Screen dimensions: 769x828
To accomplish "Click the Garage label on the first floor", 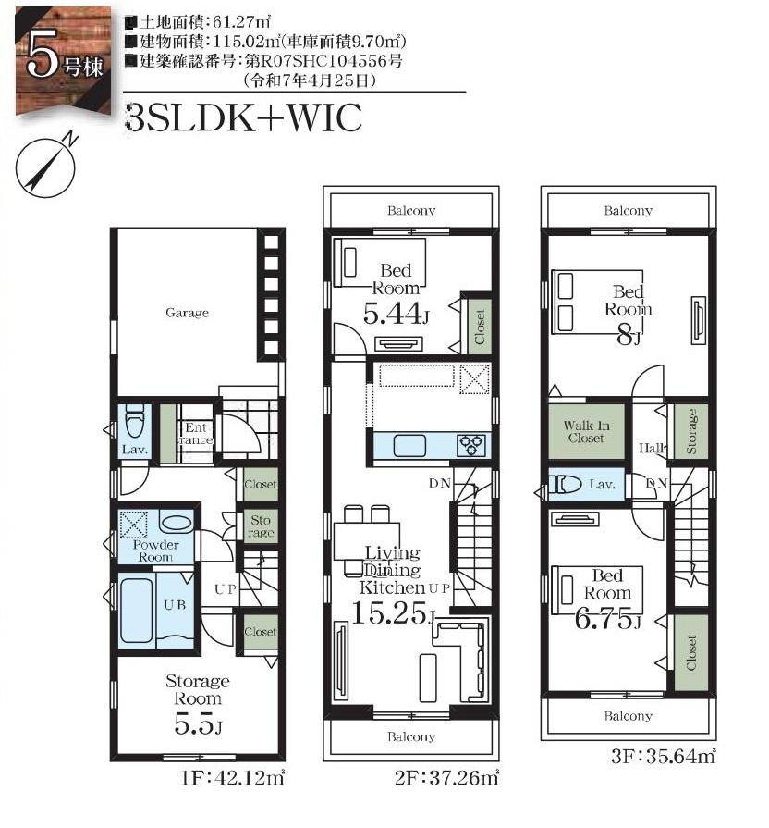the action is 187,313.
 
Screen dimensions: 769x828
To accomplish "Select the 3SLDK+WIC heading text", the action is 244,117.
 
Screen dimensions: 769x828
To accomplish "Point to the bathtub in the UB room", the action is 137,611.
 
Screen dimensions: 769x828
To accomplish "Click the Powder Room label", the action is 155,550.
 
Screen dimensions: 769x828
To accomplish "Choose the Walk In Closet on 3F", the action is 586,431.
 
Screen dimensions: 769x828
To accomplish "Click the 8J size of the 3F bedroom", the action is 629,335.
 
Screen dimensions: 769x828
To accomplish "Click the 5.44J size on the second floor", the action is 396,314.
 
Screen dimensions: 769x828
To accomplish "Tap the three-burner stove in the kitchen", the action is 472,445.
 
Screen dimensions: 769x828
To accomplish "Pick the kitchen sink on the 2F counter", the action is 409,445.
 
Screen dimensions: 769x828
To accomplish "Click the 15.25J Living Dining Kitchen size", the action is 394,613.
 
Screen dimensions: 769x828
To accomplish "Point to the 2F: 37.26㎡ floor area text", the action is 446,778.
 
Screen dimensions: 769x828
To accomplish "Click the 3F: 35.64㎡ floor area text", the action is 663,756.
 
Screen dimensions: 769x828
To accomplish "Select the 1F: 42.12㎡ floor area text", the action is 233,778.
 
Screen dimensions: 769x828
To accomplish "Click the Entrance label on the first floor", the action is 195,434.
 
